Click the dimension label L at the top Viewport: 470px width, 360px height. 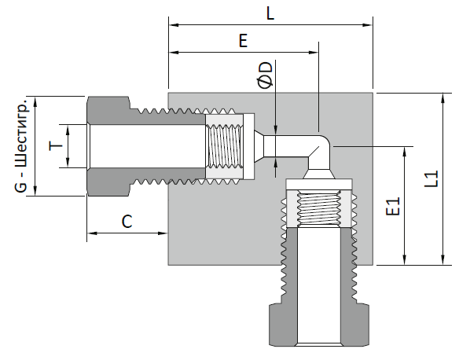click(270, 14)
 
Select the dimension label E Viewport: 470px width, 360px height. click(243, 41)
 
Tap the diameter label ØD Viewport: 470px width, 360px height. click(266, 75)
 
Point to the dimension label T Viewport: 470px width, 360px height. click(56, 146)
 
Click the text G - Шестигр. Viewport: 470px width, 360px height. click(21, 145)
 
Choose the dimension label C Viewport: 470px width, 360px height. click(127, 222)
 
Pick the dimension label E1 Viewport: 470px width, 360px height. click(393, 206)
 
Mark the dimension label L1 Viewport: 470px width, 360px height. click(431, 179)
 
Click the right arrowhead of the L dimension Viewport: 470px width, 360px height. click(368, 25)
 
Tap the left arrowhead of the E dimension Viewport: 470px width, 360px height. click(174, 53)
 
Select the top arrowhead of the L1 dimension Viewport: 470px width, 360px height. click(442, 98)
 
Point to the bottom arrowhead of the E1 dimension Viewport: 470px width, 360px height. click(405, 259)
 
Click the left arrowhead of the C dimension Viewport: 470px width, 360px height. click(92, 233)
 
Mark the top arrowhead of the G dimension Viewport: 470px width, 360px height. click(35, 102)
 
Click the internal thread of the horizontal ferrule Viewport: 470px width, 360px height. click(224, 146)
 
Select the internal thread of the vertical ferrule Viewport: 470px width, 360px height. click(319, 208)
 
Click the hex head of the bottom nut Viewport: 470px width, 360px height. click(319, 325)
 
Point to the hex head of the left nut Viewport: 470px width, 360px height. click(108, 146)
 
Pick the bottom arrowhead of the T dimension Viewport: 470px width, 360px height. click(68, 162)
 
